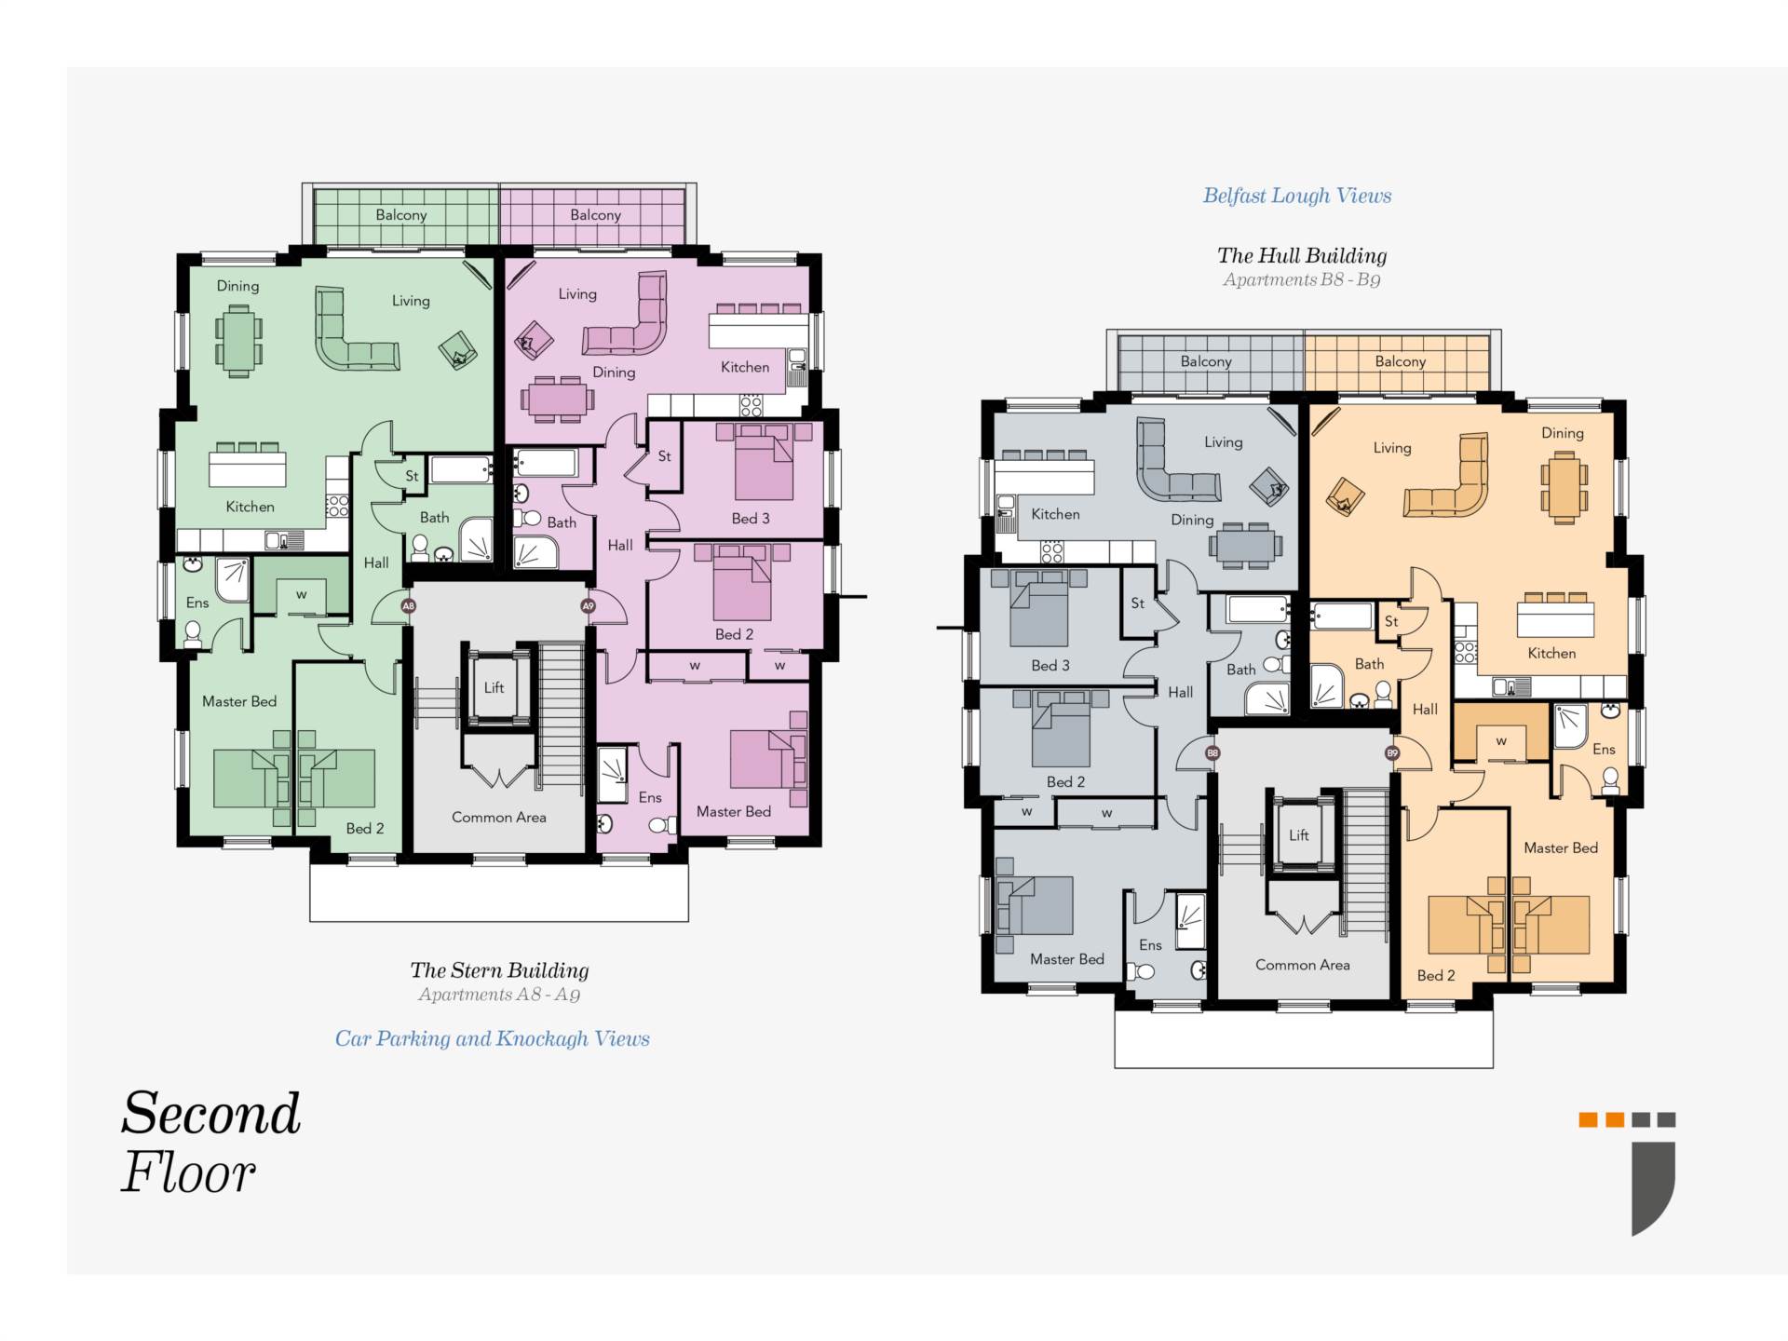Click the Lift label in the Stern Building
click(494, 687)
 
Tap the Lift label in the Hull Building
click(1299, 835)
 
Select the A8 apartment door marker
click(408, 606)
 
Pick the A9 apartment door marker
click(588, 606)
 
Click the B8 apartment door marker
click(1212, 753)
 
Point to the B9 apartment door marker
click(1392, 753)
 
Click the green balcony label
click(401, 215)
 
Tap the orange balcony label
click(1401, 361)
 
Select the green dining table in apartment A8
click(239, 342)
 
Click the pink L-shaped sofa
click(628, 317)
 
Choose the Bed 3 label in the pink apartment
click(751, 519)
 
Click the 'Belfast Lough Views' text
click(1297, 196)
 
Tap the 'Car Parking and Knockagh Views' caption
click(493, 1038)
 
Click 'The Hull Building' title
click(1302, 255)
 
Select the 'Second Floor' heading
click(211, 1142)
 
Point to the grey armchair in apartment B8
click(1269, 485)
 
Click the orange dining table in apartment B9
click(1564, 488)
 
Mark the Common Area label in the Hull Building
click(1303, 965)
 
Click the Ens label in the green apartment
click(197, 603)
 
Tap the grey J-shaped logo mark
click(1653, 1188)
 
